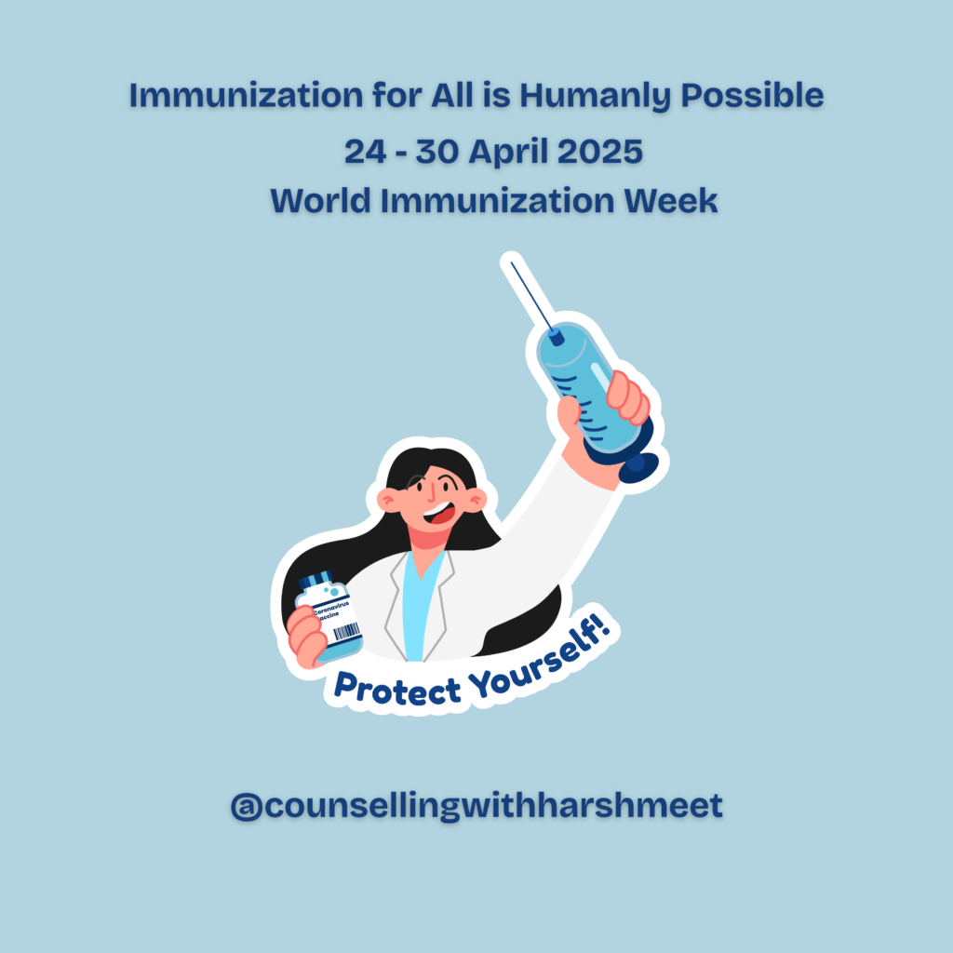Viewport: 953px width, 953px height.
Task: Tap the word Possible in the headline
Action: click(x=752, y=95)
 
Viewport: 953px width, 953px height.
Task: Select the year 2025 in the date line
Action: click(x=600, y=151)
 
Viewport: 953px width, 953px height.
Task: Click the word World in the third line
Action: click(x=320, y=201)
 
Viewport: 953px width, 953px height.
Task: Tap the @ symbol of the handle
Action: click(x=246, y=807)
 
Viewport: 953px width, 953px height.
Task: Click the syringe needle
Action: click(x=531, y=297)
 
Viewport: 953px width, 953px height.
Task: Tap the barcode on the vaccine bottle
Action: click(x=347, y=631)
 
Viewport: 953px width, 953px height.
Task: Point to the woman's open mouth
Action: click(x=439, y=514)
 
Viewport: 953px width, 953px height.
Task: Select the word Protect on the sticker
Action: click(x=397, y=689)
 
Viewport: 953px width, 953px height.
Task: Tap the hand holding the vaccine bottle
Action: click(x=308, y=637)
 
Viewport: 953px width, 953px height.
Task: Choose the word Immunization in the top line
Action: click(x=246, y=96)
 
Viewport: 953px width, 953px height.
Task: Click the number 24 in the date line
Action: click(x=365, y=152)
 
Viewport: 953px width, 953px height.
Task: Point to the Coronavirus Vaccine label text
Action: click(x=330, y=610)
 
